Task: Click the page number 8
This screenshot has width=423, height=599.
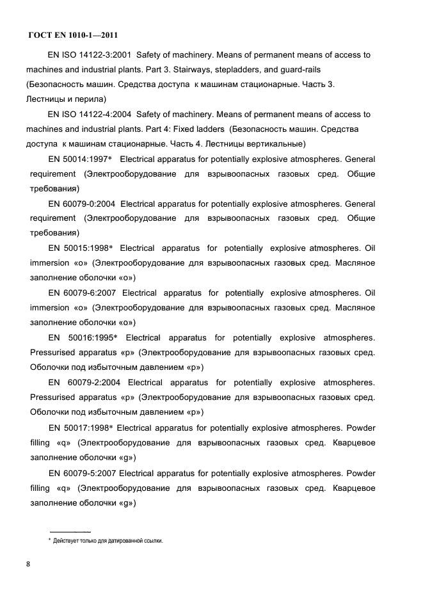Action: [x=29, y=564]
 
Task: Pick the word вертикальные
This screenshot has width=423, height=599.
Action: [x=273, y=143]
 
